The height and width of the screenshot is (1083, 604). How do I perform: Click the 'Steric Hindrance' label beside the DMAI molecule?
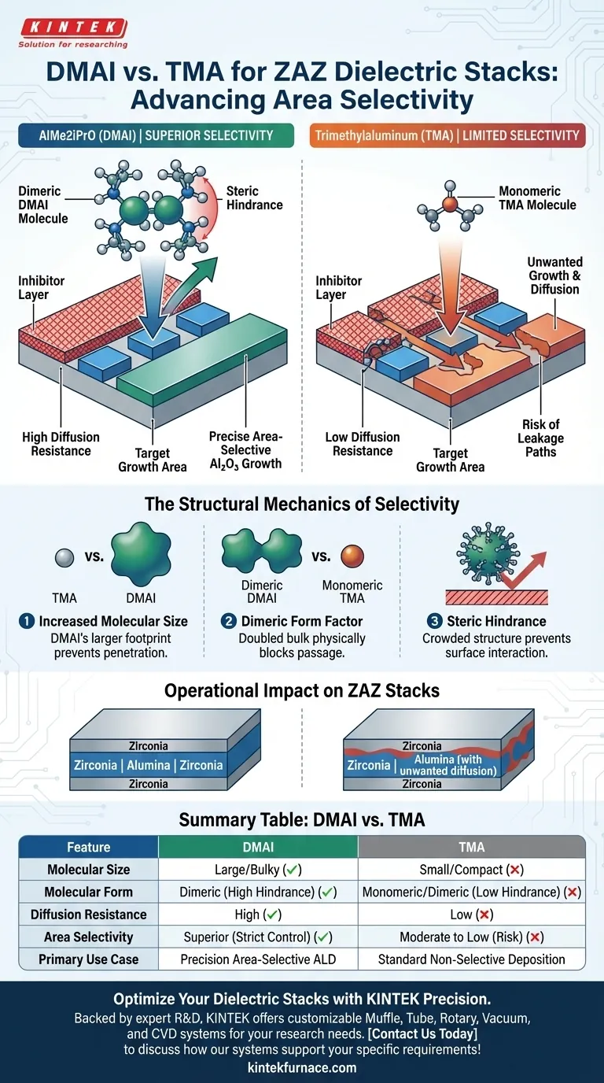[x=254, y=198]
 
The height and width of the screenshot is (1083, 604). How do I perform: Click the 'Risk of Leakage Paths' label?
[x=540, y=438]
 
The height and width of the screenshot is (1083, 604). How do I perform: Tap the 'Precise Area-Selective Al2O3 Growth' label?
[x=245, y=450]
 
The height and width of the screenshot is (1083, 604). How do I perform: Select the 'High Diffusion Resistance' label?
[x=61, y=444]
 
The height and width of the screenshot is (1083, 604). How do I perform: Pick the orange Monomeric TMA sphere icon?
[x=352, y=558]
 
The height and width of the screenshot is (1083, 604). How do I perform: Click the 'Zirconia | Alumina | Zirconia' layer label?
[x=148, y=765]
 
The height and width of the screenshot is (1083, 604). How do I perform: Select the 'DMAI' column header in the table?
[x=258, y=847]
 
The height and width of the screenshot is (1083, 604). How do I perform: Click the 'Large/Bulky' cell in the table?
[x=258, y=870]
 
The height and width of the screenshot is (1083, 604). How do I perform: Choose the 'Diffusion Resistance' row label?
[x=88, y=915]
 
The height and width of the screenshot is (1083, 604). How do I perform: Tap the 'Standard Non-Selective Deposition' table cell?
[x=471, y=959]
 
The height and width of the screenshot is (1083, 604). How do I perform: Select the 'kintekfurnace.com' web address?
[x=302, y=1068]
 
